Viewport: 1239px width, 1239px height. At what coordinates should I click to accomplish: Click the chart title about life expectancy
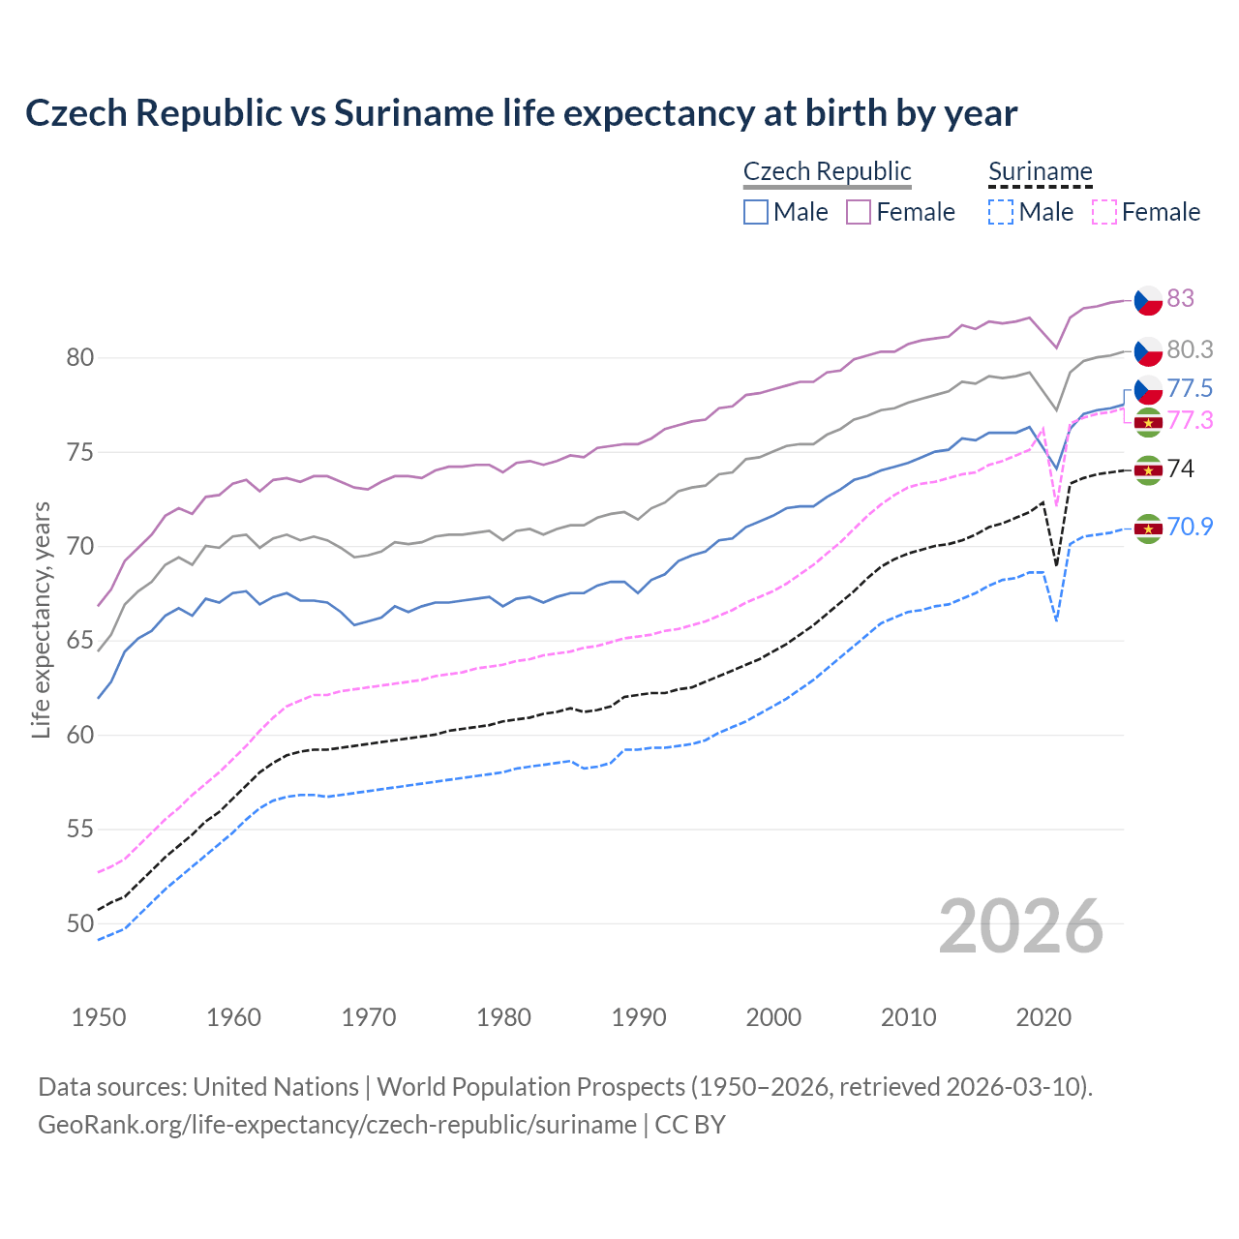521,113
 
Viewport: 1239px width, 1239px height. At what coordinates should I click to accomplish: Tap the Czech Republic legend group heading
827,171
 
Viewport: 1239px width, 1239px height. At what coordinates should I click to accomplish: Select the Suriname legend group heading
1040,171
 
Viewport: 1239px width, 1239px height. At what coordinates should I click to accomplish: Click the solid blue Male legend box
756,212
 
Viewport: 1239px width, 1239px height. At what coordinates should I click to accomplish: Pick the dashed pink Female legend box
1103,212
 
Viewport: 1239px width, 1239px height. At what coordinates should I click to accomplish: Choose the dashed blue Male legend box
1001,212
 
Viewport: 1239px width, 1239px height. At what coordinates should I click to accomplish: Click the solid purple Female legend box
859,212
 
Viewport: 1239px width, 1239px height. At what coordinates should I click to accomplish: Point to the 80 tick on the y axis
80,358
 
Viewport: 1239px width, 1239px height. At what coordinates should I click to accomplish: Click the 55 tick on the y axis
80,830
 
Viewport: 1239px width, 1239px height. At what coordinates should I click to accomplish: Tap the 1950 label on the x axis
99,1017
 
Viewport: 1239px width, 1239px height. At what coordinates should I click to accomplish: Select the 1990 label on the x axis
639,1017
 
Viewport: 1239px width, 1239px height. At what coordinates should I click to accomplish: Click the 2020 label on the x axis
1043,1017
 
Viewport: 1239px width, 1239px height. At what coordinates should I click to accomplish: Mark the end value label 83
1180,298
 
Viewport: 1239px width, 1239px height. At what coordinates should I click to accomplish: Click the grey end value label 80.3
1190,349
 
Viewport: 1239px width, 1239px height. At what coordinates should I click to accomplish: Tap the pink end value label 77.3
1190,420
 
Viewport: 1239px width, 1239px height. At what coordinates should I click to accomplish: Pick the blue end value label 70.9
1190,527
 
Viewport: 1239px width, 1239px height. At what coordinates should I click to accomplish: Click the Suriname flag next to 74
1148,470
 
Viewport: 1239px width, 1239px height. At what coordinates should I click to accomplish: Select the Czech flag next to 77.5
1148,390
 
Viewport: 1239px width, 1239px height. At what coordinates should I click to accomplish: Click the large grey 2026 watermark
1020,926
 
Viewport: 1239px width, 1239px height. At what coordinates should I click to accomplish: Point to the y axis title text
41,619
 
